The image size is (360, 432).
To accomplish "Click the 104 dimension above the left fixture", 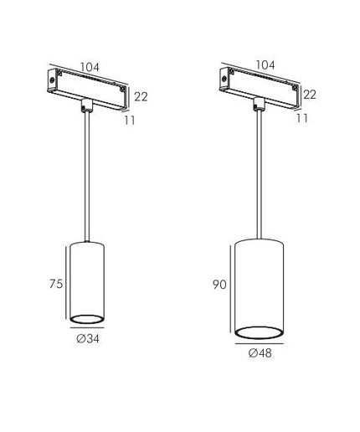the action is click(x=90, y=67).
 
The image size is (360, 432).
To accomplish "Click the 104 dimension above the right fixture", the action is click(x=265, y=64).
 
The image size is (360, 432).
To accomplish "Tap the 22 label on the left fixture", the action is click(x=141, y=96).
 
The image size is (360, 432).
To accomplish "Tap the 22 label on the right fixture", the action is click(x=310, y=95).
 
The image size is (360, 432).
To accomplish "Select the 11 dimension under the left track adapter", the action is click(x=130, y=121).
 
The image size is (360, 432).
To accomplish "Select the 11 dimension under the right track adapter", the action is click(x=302, y=118).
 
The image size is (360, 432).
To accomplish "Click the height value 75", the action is click(x=56, y=284).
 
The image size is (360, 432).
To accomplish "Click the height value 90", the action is click(x=219, y=285).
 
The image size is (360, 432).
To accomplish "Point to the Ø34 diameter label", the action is click(x=88, y=338).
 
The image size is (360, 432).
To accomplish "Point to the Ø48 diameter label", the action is click(x=260, y=353).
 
